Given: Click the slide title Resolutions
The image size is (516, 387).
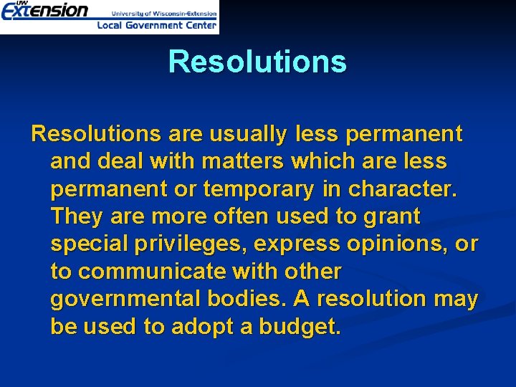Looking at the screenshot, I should click(257, 62).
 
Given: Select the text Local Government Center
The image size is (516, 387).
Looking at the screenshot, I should click(156, 25).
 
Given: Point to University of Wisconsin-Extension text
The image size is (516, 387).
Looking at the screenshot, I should click(163, 12).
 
